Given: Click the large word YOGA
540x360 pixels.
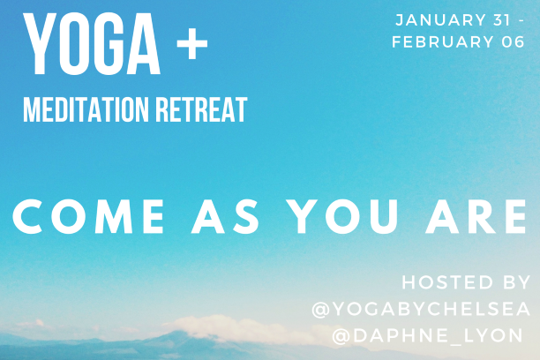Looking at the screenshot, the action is [x=92, y=44].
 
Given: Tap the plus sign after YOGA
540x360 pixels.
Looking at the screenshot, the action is [x=192, y=44].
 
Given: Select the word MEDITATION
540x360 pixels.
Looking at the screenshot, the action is [x=86, y=109].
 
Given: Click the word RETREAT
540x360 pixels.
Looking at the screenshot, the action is [x=201, y=109].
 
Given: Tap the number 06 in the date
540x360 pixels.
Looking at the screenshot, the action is [x=514, y=42].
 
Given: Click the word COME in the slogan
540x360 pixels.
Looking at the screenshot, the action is [x=88, y=217].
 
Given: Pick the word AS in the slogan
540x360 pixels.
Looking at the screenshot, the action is [x=225, y=217].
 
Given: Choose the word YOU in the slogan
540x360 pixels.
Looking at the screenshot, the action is [x=343, y=217].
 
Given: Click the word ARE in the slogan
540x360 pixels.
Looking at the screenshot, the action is [x=476, y=217].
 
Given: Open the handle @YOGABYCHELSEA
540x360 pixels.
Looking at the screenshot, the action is [x=421, y=309].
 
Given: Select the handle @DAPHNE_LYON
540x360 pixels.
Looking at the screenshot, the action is [x=428, y=335].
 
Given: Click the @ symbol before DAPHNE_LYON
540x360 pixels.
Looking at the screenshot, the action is [x=341, y=336].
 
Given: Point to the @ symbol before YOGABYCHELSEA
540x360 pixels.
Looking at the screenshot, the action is [x=320, y=309].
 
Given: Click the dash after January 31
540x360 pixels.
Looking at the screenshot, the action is [x=521, y=20].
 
